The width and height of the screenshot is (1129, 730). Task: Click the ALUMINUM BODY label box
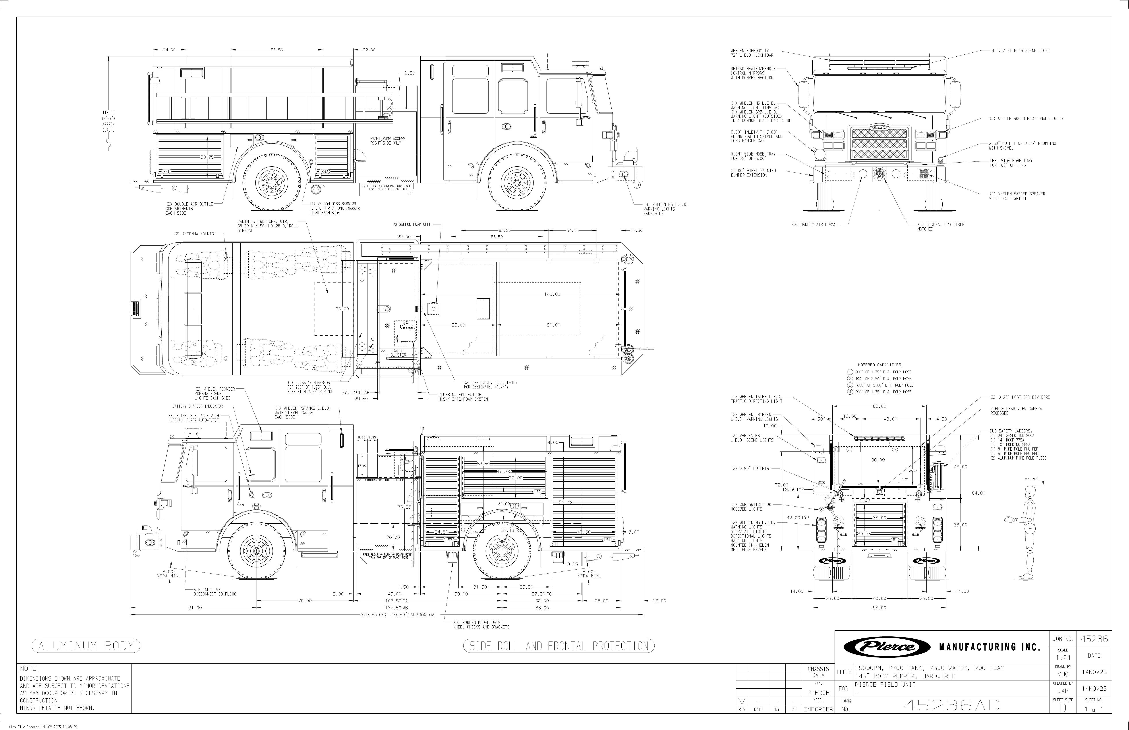tap(86, 646)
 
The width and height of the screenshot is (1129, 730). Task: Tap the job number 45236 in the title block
tap(1094, 639)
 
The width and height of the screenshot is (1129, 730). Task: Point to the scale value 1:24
tap(1063, 658)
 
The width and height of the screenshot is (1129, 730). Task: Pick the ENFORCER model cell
tap(818, 710)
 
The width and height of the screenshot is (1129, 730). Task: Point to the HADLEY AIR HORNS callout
tap(814, 225)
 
